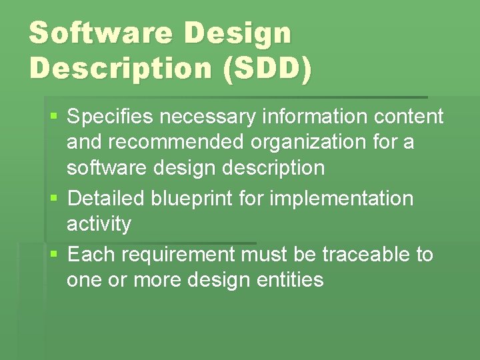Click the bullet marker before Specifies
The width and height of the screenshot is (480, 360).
[x=54, y=117]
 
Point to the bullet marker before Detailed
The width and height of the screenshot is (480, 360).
[x=54, y=199]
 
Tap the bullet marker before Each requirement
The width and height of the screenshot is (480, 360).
[x=54, y=255]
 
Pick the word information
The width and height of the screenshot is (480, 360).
[x=315, y=117]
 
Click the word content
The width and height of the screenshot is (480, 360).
[x=409, y=117]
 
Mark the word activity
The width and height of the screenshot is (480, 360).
[x=99, y=225]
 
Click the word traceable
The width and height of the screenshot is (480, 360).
[x=367, y=254]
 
